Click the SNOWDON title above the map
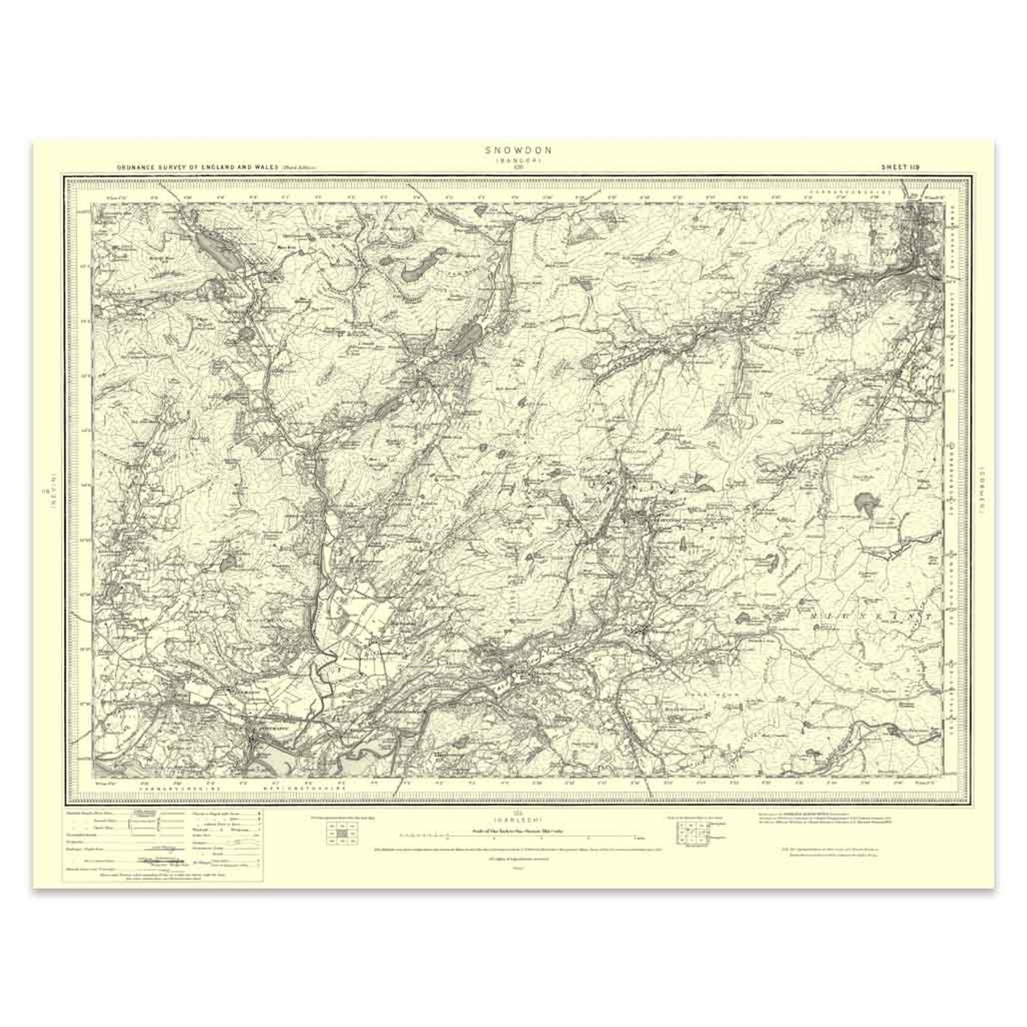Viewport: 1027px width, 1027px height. pyautogui.click(x=513, y=151)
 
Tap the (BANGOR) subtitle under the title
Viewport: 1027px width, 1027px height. pyautogui.click(x=513, y=161)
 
